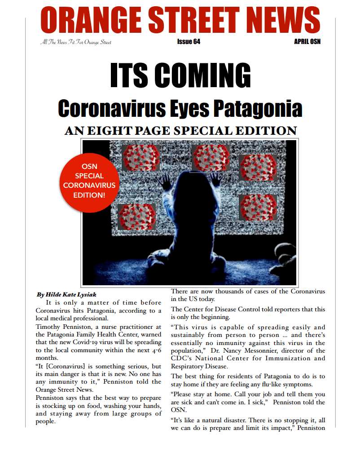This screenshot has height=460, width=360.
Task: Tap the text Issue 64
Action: click(189, 42)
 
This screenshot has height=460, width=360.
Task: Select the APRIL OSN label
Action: click(307, 42)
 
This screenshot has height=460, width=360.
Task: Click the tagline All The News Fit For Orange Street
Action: click(75, 42)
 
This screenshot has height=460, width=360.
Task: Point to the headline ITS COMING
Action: click(180, 76)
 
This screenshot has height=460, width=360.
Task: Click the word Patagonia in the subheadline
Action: click(261, 109)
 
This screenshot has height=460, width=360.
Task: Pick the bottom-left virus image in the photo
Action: click(136, 217)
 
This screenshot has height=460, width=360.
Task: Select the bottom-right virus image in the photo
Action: click(258, 207)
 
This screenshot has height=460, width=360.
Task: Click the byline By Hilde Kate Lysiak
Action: click(66, 295)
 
